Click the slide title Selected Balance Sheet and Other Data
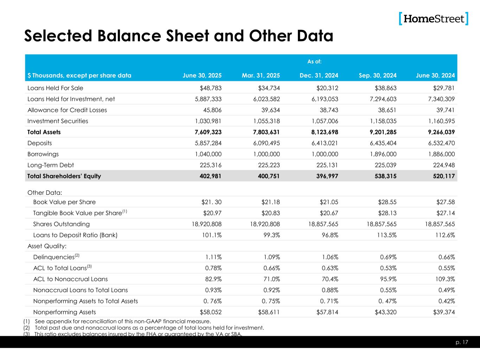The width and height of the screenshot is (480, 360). pyautogui.click(x=178, y=36)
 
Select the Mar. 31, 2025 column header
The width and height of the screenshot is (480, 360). pyautogui.click(x=261, y=75)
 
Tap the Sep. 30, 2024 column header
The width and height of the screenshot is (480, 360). pyautogui.click(x=378, y=75)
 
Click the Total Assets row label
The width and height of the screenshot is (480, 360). pyautogui.click(x=44, y=132)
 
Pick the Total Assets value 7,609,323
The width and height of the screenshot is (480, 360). pyautogui.click(x=208, y=132)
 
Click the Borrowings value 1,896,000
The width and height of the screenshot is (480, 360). pyautogui.click(x=383, y=154)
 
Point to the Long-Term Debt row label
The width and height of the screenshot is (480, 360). pyautogui.click(x=51, y=165)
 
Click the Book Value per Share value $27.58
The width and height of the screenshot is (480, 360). pyautogui.click(x=445, y=202)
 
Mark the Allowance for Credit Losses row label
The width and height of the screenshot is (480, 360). pyautogui.click(x=67, y=110)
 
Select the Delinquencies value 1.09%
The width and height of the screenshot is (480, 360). pyautogui.click(x=271, y=257)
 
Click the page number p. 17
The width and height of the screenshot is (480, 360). pyautogui.click(x=463, y=342)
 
